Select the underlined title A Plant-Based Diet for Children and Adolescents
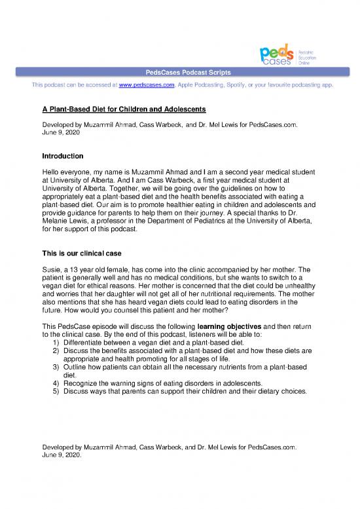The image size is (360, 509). pos(124,107)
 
